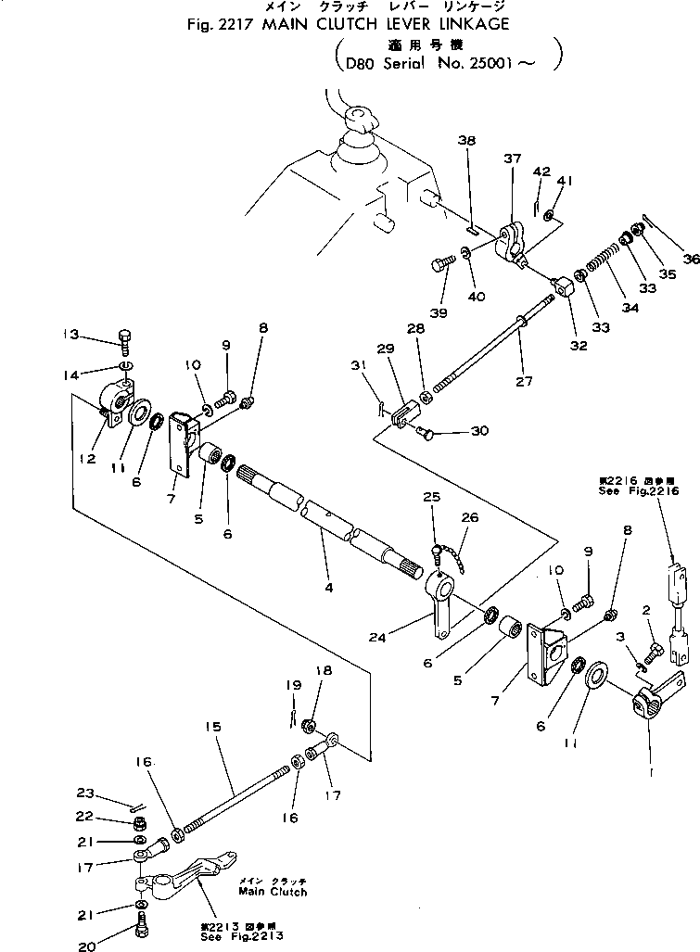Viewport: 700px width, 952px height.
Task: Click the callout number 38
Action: (466, 140)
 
